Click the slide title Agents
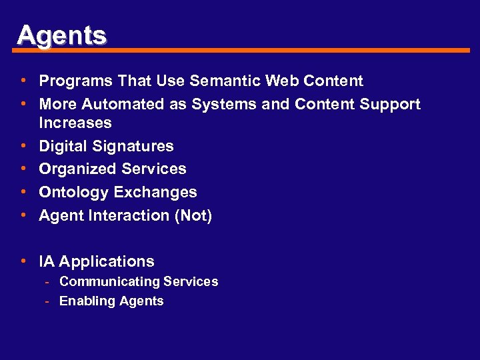[x=61, y=35]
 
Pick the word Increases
[x=75, y=123]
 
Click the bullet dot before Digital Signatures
[x=23, y=145]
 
